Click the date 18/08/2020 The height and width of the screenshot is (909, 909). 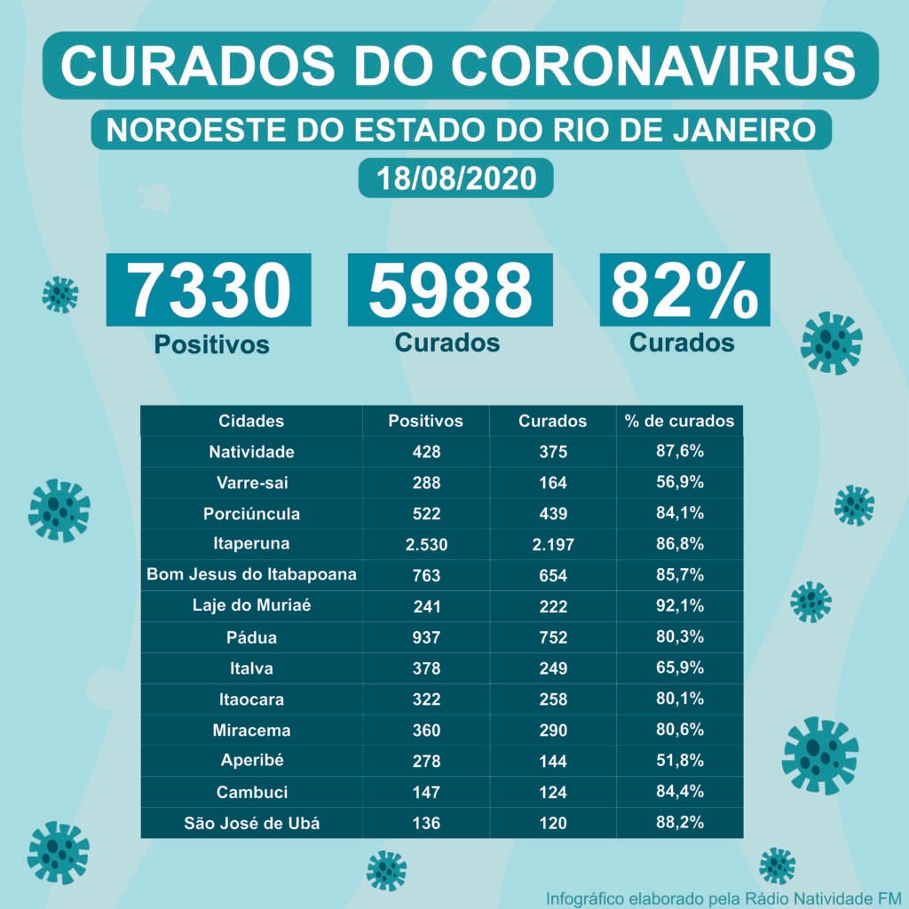[456, 178]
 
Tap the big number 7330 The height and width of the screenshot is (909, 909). [209, 290]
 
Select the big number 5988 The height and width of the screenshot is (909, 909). [450, 290]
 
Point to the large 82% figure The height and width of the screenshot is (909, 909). [684, 290]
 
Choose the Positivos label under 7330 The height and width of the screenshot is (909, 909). [211, 344]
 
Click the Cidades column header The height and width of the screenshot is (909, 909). [251, 421]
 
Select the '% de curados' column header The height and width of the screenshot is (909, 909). [679, 421]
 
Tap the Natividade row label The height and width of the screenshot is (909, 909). [251, 452]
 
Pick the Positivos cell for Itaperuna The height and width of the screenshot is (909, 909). [426, 545]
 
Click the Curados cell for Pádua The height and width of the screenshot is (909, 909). [552, 638]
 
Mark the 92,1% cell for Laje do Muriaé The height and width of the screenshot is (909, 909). [679, 606]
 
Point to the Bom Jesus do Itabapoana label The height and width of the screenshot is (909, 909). [251, 575]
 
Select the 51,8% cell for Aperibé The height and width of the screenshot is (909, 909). [679, 761]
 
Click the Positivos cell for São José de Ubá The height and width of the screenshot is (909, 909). [426, 823]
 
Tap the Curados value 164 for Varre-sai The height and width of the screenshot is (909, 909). [552, 483]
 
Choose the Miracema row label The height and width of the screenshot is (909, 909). [251, 731]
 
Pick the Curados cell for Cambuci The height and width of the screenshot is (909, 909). [552, 792]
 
